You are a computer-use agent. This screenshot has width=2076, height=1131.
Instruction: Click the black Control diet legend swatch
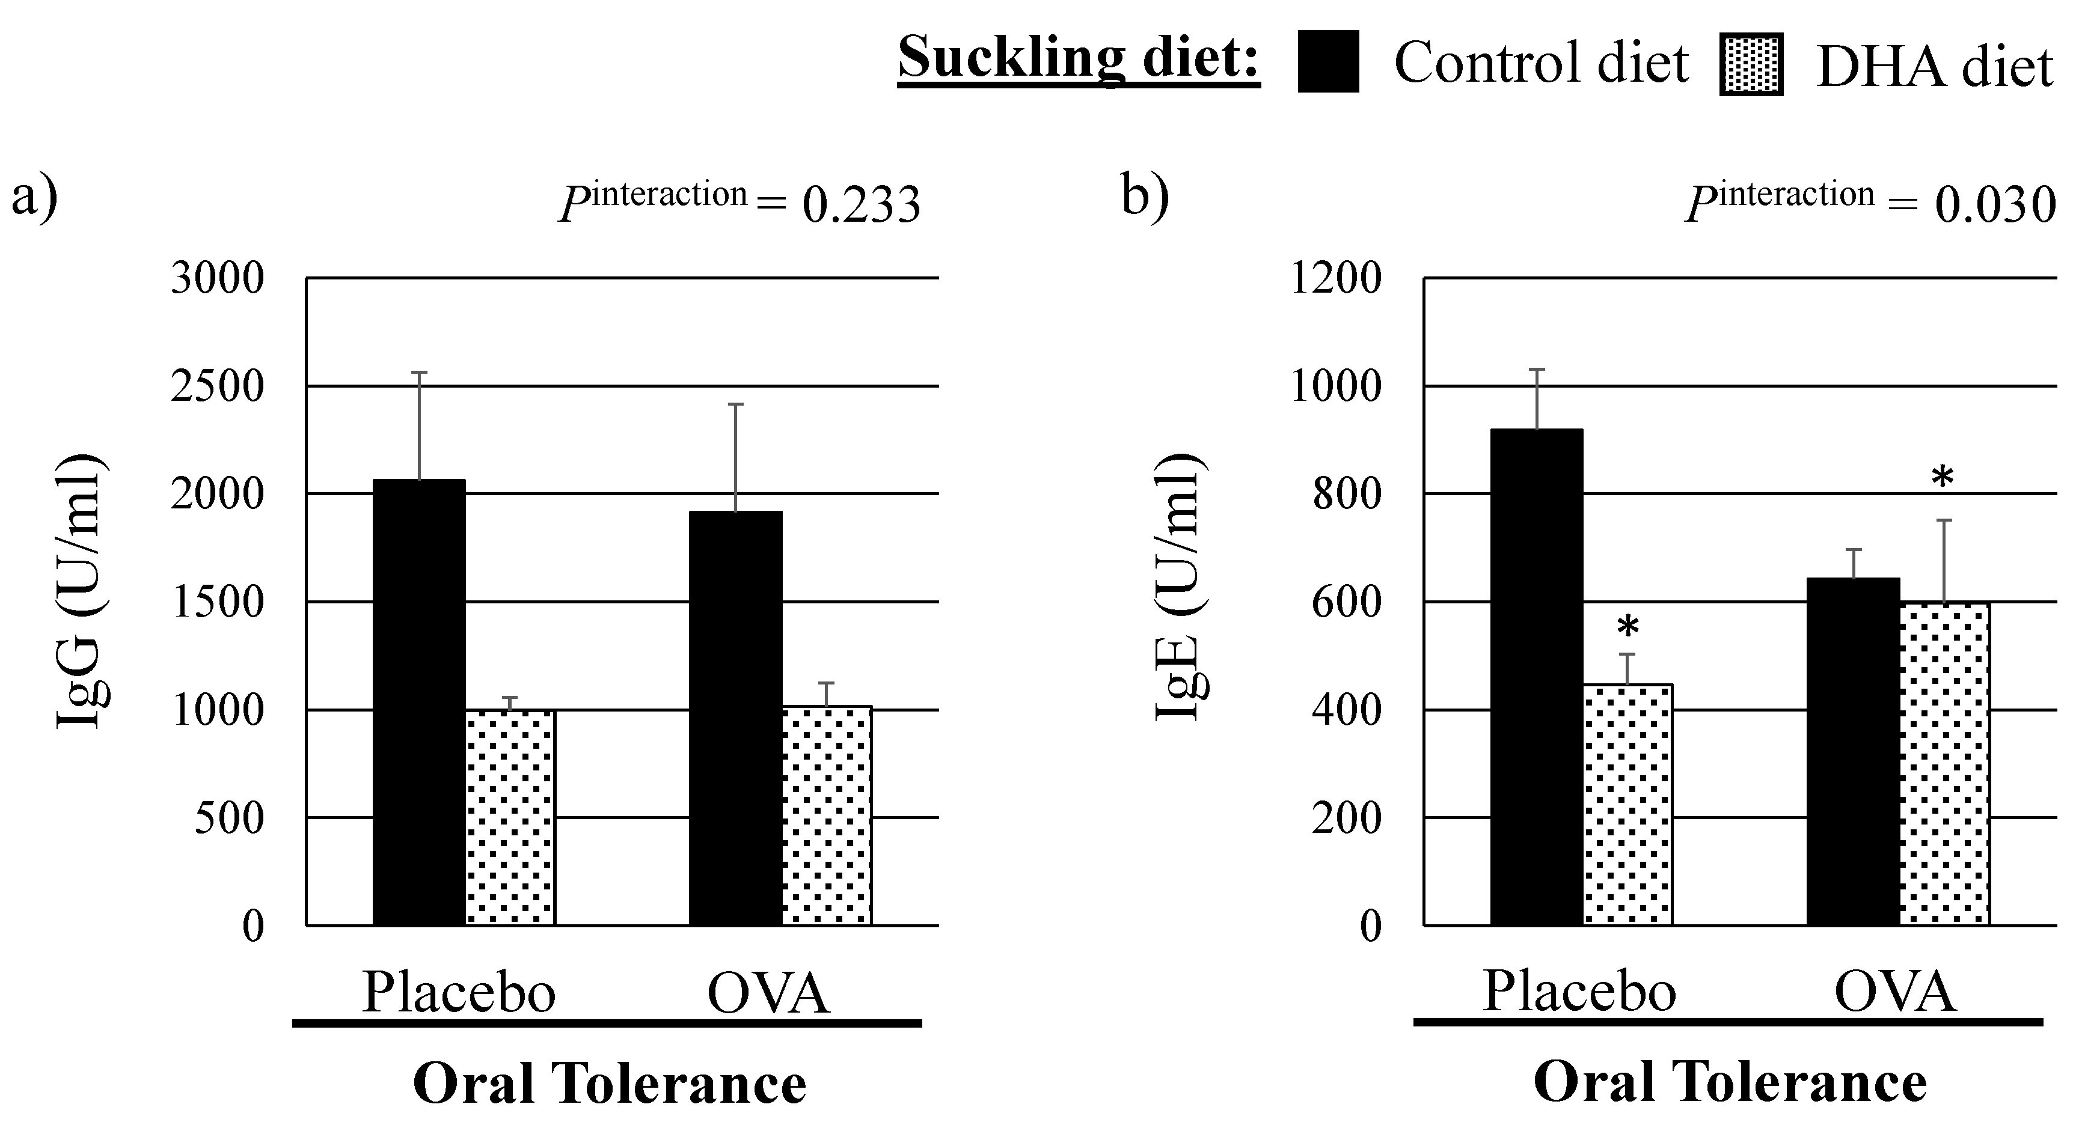coord(1327,62)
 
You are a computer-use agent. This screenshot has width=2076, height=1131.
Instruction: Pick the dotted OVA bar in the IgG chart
coord(826,815)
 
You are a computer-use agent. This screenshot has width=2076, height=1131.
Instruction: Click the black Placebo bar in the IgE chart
coord(1536,677)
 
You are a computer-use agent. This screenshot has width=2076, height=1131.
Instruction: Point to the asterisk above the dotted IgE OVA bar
coord(1942,478)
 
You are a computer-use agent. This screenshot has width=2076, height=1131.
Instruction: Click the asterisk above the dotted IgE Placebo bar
coord(1628,627)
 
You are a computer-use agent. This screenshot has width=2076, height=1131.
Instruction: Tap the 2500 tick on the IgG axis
coord(217,386)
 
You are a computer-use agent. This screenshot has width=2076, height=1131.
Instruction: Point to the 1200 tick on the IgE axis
coord(1335,279)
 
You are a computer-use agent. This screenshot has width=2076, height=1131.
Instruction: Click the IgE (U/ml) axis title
coord(1181,588)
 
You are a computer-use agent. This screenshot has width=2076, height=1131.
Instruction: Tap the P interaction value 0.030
coord(1995,204)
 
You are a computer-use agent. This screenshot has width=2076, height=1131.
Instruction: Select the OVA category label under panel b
coord(1894,992)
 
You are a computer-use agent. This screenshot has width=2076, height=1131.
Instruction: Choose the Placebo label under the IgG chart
coord(459,992)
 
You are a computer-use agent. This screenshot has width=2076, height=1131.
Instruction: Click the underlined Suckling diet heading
coord(1079,58)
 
